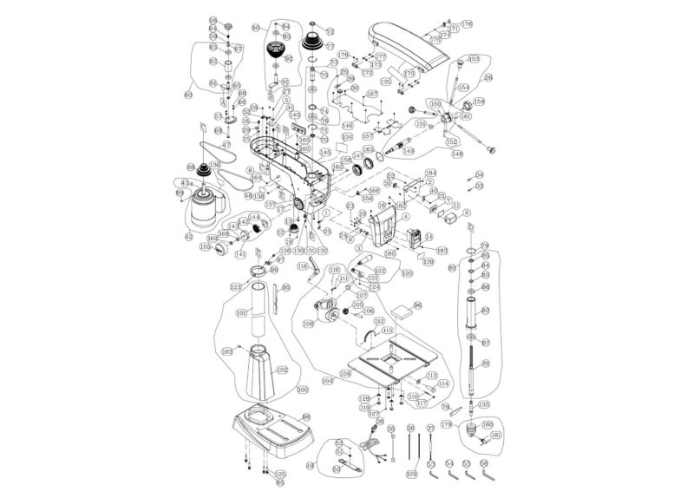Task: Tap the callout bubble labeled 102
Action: pos(282,369)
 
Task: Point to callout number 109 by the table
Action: pos(345,373)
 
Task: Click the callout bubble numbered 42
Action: pos(188,236)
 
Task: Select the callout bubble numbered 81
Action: pos(486,363)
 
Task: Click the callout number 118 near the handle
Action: pos(302,267)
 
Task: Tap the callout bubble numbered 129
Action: pos(411,474)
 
